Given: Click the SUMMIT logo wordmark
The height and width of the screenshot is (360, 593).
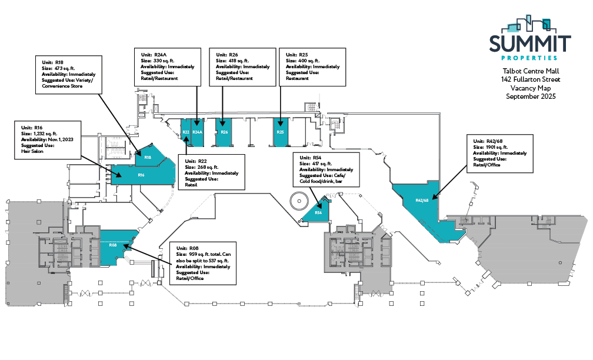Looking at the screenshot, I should [530, 44].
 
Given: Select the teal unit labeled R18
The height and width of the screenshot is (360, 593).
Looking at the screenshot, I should [148, 157].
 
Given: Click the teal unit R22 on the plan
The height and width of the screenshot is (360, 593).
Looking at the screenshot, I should [185, 132].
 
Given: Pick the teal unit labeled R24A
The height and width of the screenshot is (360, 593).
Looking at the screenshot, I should [197, 132].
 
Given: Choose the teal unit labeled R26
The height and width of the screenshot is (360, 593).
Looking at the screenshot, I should [224, 132].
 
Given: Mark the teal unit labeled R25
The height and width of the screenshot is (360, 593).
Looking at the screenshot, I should [281, 132].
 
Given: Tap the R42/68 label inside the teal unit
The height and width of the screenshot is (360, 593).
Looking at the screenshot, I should [422, 201].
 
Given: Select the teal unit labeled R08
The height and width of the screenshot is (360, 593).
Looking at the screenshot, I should [113, 245].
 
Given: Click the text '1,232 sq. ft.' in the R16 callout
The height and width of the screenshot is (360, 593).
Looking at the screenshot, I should [46, 134].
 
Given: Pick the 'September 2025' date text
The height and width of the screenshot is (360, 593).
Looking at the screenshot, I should [531, 96].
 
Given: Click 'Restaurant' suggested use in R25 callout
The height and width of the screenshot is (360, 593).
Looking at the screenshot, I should [297, 78].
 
